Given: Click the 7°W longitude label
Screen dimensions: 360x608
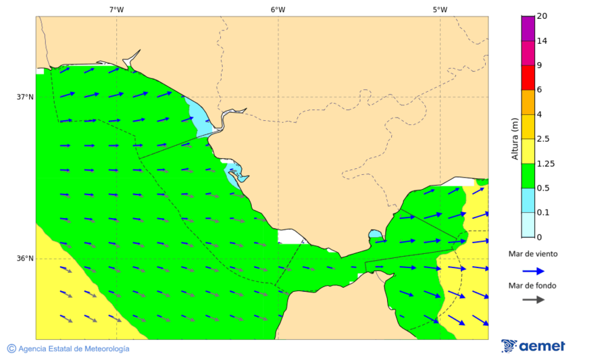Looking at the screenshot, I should [x=116, y=9].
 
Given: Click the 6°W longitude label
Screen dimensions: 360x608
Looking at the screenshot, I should [x=278, y=9].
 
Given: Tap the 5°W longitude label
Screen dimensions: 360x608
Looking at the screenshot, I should [x=440, y=9].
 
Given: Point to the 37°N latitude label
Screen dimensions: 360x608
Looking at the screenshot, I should [x=25, y=97].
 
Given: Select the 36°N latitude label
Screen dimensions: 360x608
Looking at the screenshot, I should [x=25, y=258].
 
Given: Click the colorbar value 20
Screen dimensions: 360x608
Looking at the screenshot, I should [x=542, y=16].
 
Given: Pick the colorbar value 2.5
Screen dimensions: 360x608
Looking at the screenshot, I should [x=542, y=139].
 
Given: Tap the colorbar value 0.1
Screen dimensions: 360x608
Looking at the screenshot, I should [x=542, y=212].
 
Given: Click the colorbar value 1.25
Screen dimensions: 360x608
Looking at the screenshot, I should [x=544, y=163].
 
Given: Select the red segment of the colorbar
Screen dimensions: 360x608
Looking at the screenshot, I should [x=528, y=77].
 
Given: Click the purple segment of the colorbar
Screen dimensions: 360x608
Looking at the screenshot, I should [x=528, y=28].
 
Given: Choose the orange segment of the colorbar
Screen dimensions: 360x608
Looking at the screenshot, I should [x=528, y=102].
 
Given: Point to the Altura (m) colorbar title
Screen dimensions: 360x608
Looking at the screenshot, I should [x=515, y=138].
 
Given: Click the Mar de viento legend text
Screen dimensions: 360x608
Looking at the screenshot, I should [x=533, y=254].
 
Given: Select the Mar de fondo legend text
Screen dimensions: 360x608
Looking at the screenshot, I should [x=533, y=286].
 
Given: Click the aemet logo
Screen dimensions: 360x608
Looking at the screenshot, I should [x=533, y=346].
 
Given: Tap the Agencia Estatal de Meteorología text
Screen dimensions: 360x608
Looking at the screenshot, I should [x=74, y=349].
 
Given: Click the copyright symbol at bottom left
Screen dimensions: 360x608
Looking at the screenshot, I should [x=11, y=349].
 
